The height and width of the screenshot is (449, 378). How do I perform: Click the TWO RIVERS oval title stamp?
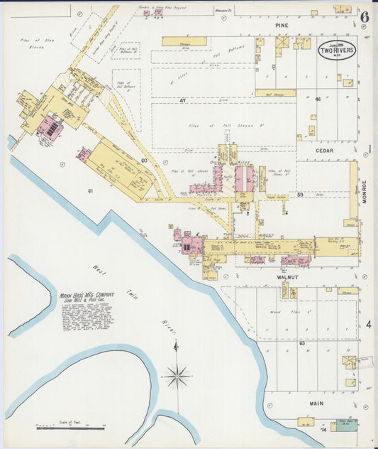[337, 52]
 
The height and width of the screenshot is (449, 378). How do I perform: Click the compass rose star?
[177, 374]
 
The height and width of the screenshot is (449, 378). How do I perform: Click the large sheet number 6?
[365, 17]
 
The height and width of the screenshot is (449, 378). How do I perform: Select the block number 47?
[182, 101]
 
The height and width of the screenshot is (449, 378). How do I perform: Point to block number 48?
[318, 99]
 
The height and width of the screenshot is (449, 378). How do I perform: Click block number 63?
[301, 343]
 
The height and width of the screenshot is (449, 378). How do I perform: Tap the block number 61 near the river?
[91, 191]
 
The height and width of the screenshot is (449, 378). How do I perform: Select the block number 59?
[300, 195]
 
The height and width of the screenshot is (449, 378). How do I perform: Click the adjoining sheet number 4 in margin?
[369, 325]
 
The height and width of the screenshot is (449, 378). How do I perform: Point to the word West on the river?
[99, 269]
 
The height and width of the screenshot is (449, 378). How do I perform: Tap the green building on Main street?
[346, 423]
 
